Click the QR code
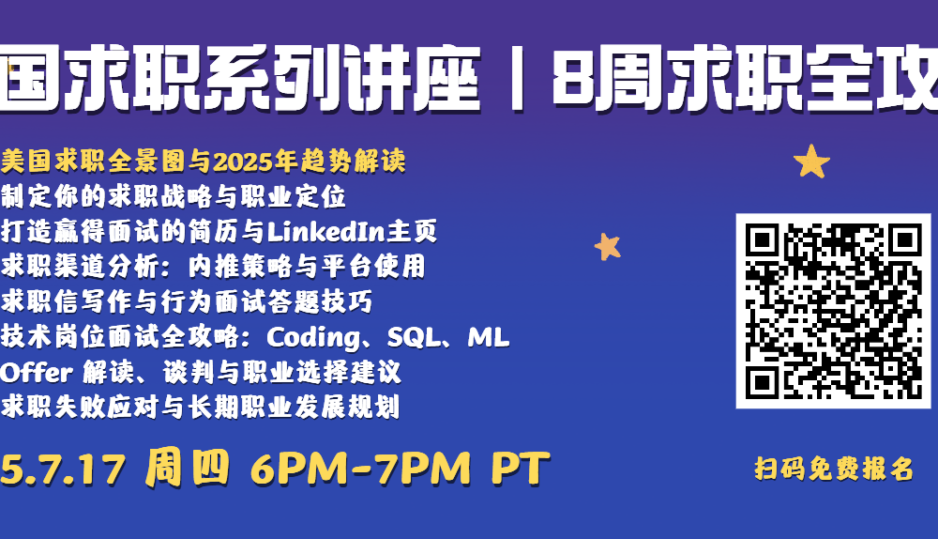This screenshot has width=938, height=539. pyautogui.click(x=833, y=311)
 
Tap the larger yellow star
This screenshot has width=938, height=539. pyautogui.click(x=811, y=162)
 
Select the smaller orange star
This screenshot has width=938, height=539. pyautogui.click(x=608, y=246)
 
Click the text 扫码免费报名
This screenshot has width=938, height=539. pyautogui.click(x=834, y=469)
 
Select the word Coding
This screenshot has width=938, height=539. pyautogui.click(x=313, y=338)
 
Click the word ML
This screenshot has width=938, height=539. pyautogui.click(x=488, y=337)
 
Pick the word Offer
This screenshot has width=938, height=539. pyautogui.click(x=37, y=373)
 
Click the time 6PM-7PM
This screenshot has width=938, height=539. pyautogui.click(x=361, y=469)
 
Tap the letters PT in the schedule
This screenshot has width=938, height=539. pyautogui.click(x=521, y=468)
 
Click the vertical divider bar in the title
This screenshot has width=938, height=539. pyautogui.click(x=517, y=79)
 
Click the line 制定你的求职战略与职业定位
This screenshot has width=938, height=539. pyautogui.click(x=173, y=196)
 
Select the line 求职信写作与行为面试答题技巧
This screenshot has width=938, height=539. pyautogui.click(x=187, y=301)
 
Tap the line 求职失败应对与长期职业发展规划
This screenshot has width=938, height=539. pyautogui.click(x=200, y=408)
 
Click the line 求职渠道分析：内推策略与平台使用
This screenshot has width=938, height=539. pyautogui.click(x=213, y=267)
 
